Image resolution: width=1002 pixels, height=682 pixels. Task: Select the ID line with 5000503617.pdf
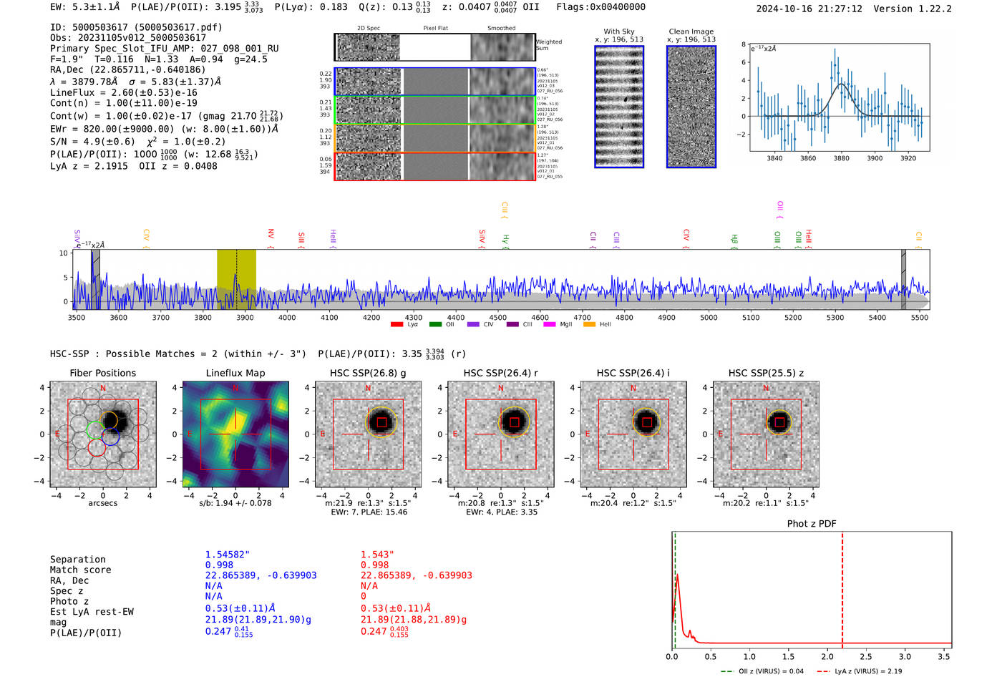pyautogui.click(x=136, y=27)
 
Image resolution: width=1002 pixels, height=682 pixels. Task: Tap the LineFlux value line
pyautogui.click(x=123, y=92)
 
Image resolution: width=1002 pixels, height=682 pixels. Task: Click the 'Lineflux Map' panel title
pyautogui.click(x=235, y=373)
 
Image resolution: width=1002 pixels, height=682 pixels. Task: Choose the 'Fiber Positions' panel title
pyautogui.click(x=102, y=373)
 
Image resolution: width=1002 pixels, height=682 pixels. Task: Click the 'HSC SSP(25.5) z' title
pyautogui.click(x=766, y=373)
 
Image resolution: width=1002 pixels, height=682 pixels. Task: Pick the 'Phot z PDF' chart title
pyautogui.click(x=811, y=524)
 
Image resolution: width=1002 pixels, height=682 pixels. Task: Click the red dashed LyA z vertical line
pyautogui.click(x=842, y=587)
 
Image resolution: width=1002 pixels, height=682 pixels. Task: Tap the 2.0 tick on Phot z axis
pyautogui.click(x=827, y=656)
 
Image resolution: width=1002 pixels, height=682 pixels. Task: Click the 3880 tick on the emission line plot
pyautogui.click(x=841, y=158)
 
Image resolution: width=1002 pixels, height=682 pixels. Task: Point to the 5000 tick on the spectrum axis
pyautogui.click(x=709, y=318)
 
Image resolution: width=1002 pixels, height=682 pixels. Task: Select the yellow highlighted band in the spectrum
pyautogui.click(x=236, y=279)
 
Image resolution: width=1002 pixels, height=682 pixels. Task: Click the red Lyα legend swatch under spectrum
pyautogui.click(x=397, y=325)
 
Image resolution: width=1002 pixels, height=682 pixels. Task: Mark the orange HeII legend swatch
pyautogui.click(x=589, y=325)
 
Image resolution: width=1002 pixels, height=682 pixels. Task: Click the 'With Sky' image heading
pyautogui.click(x=618, y=31)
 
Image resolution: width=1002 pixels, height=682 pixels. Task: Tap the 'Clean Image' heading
pyautogui.click(x=691, y=31)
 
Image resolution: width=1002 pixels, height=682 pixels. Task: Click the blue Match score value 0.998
pyautogui.click(x=219, y=565)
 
